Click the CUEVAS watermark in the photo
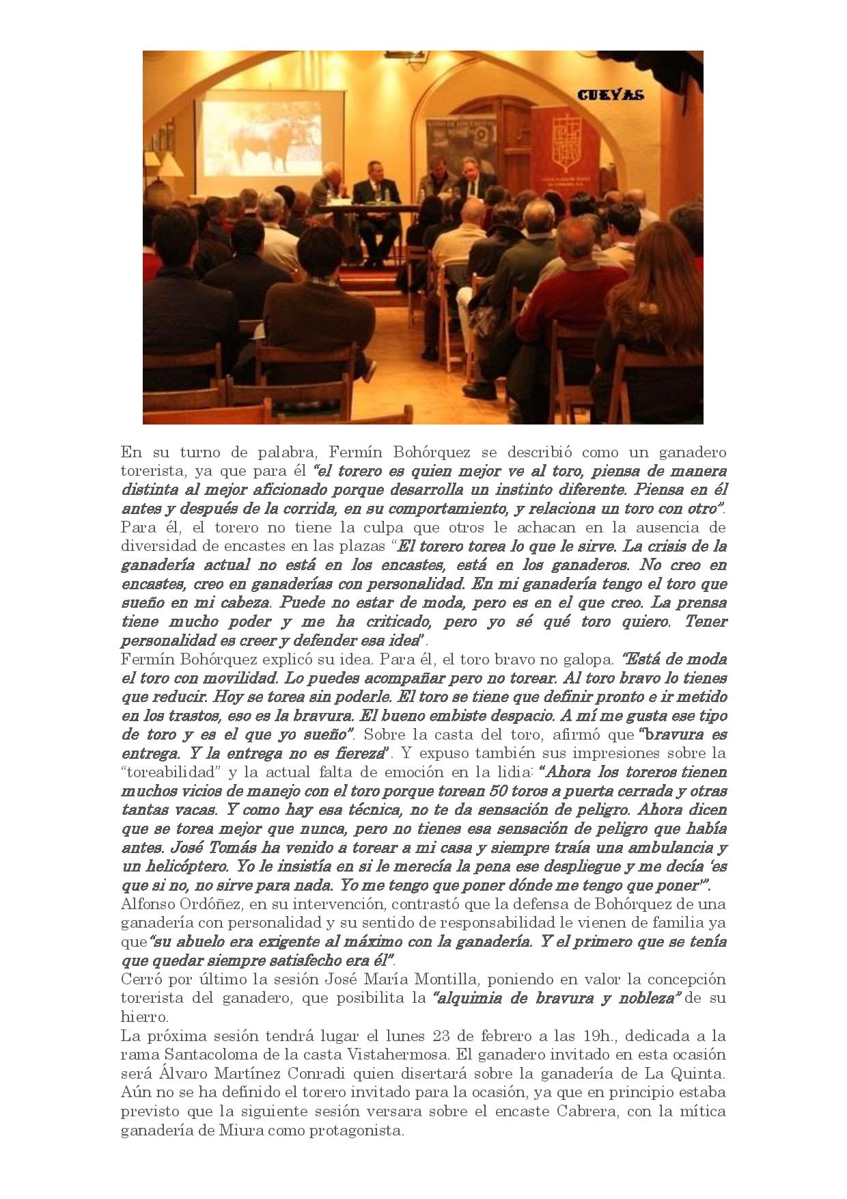610,95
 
